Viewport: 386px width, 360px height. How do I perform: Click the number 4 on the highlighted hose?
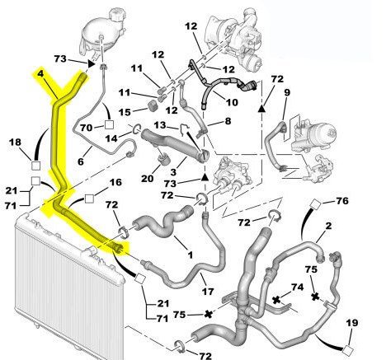pyautogui.click(x=40, y=73)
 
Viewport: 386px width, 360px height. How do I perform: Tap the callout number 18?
pyautogui.click(x=15, y=143)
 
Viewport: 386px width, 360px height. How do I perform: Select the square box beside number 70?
pyautogui.click(x=109, y=125)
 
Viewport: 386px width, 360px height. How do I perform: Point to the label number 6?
pyautogui.click(x=80, y=161)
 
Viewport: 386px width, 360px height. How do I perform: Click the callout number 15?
pyautogui.click(x=125, y=112)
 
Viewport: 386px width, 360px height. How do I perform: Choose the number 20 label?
pyautogui.click(x=147, y=179)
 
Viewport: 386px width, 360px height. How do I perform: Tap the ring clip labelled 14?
pyautogui.click(x=137, y=129)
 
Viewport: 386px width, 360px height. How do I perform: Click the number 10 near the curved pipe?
pyautogui.click(x=232, y=102)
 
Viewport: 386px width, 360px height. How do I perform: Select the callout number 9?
pyautogui.click(x=287, y=92)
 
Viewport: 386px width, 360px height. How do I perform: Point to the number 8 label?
pyautogui.click(x=228, y=121)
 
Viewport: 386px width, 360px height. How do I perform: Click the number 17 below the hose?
pyautogui.click(x=208, y=291)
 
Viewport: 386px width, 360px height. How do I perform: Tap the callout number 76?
pyautogui.click(x=342, y=201)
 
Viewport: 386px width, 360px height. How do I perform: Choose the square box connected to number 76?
pyautogui.click(x=316, y=204)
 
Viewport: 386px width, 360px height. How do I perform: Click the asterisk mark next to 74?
pyautogui.click(x=276, y=300)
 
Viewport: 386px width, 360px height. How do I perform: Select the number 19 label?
pyautogui.click(x=352, y=323)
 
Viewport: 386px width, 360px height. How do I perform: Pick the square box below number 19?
pyautogui.click(x=347, y=350)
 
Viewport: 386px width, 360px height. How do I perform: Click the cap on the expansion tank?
pyautogui.click(x=117, y=15)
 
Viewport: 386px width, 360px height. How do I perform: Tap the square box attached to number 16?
pyautogui.click(x=89, y=199)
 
